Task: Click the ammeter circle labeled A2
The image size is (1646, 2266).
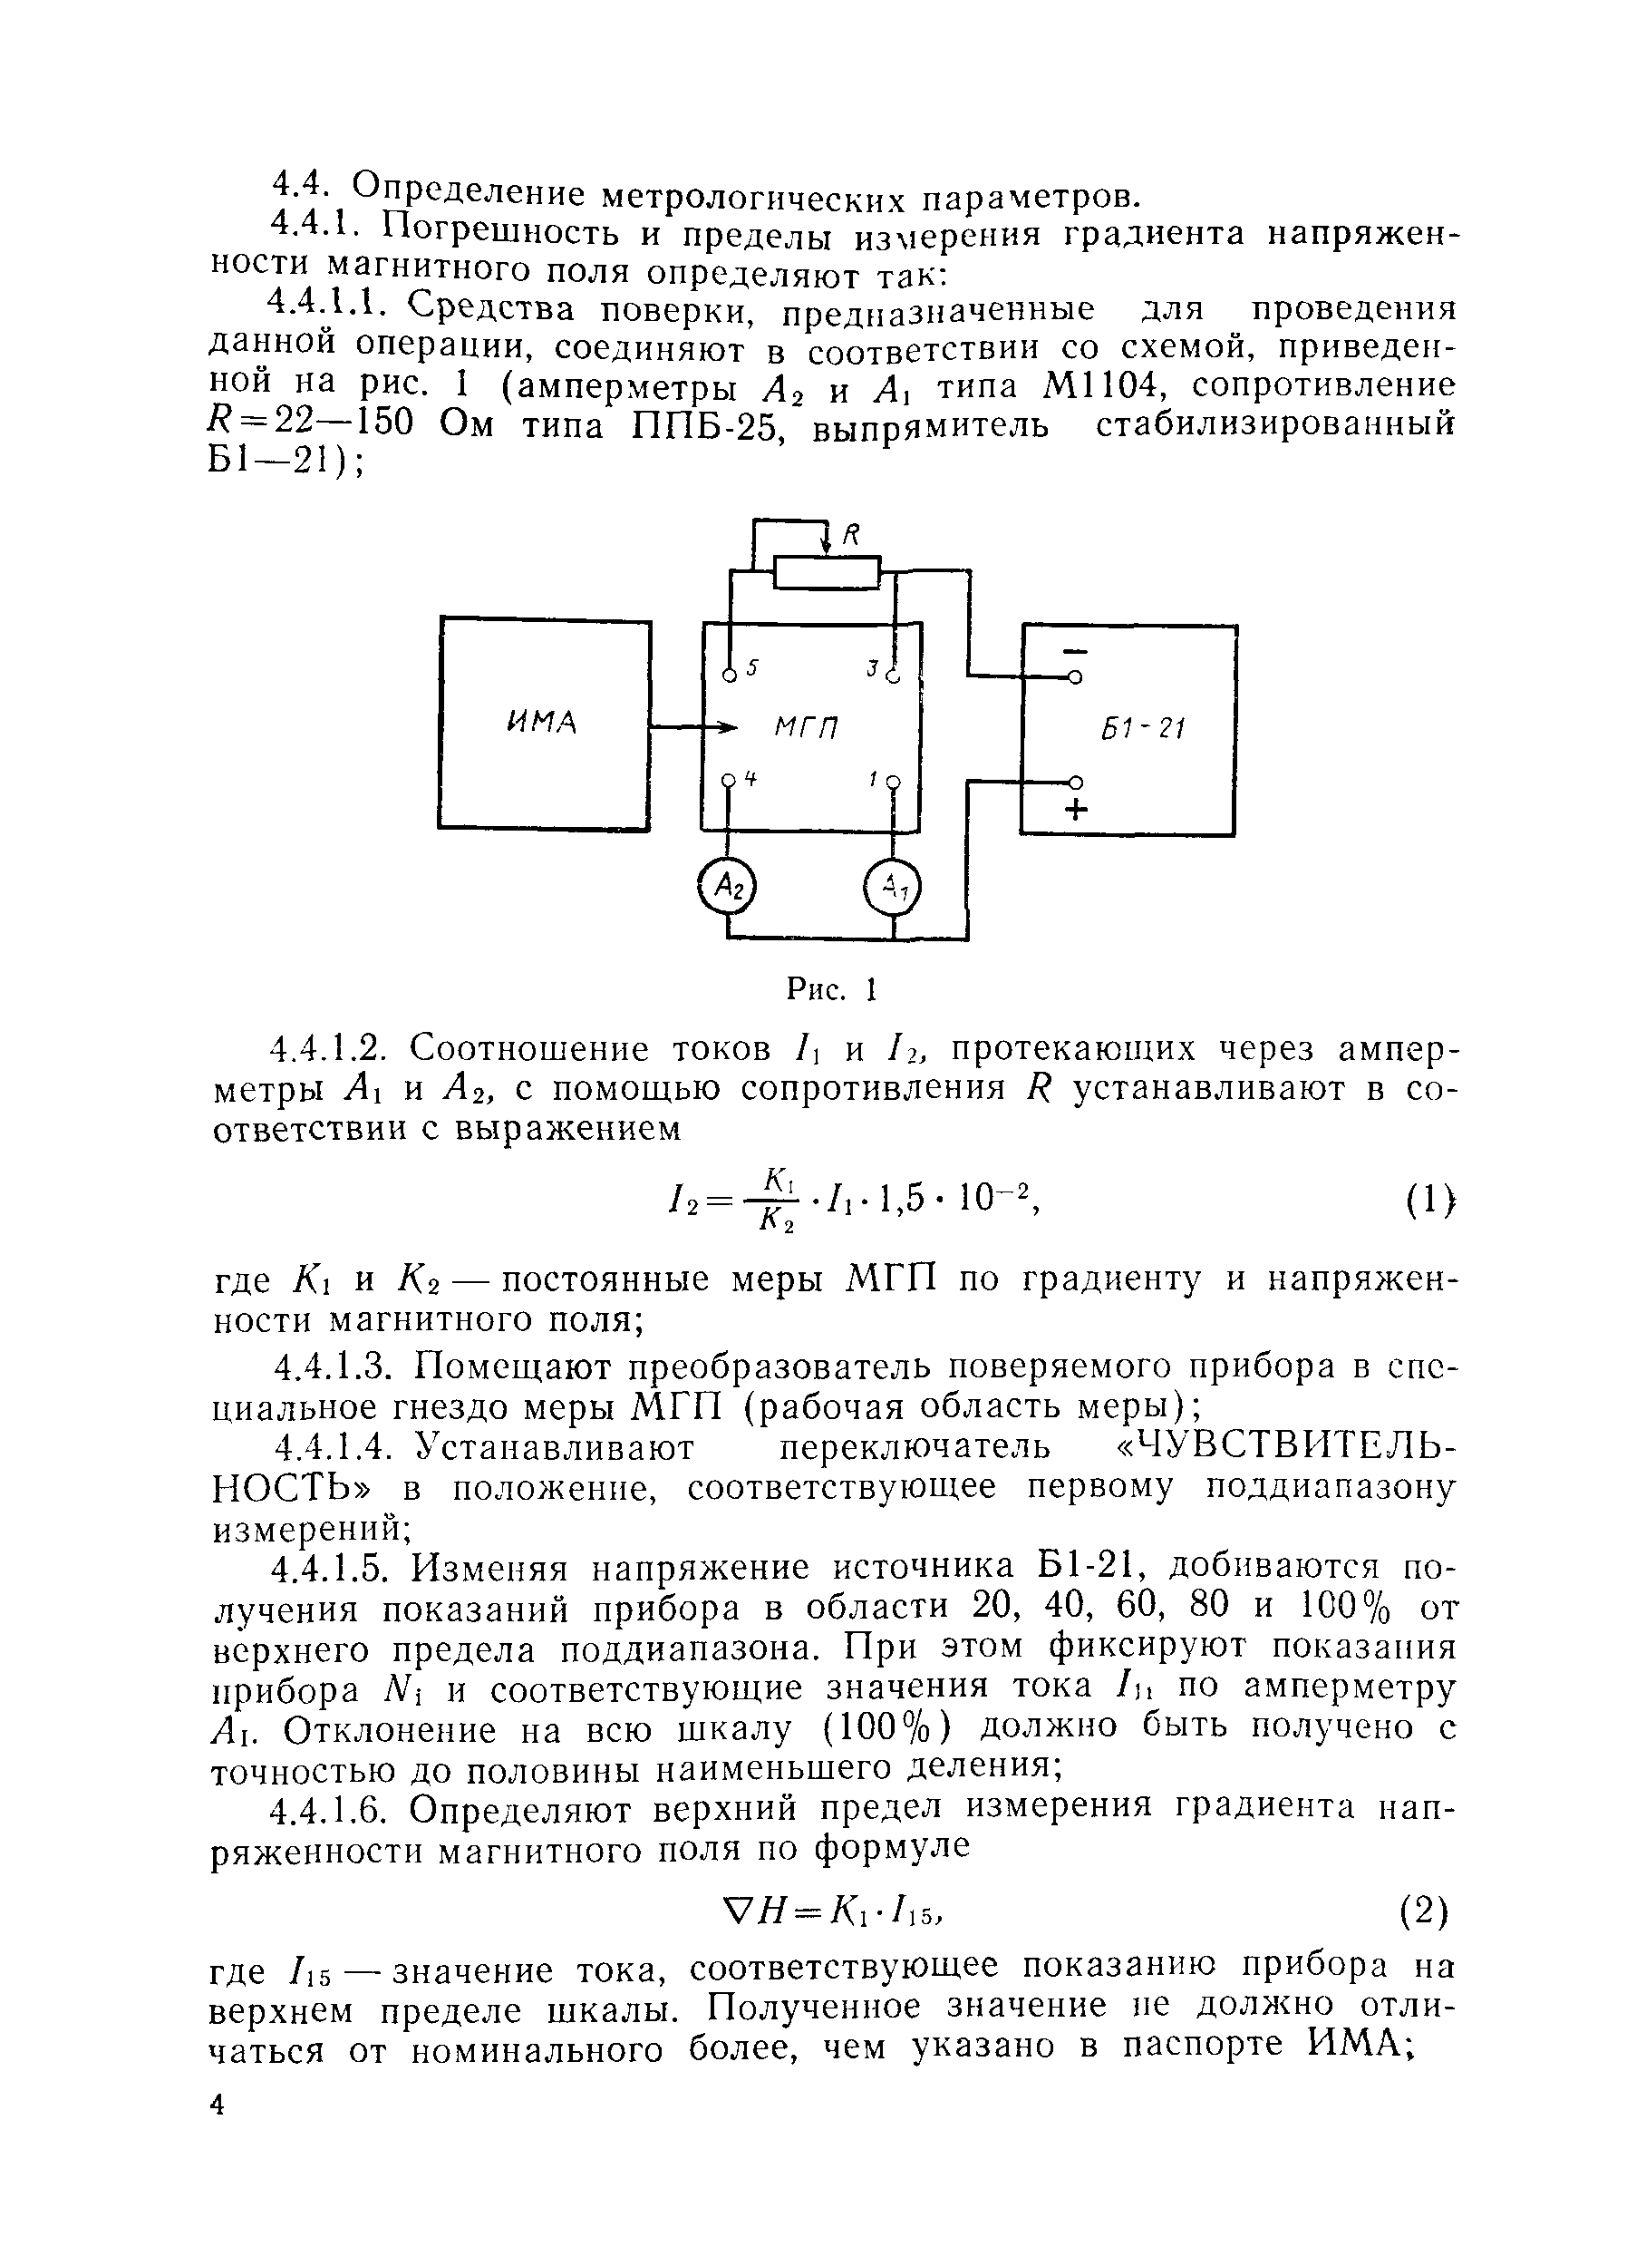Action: [x=727, y=885]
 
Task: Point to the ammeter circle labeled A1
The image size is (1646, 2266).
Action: [x=893, y=886]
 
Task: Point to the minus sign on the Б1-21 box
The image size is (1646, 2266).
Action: [x=1074, y=651]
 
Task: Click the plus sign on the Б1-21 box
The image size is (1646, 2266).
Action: [x=1076, y=809]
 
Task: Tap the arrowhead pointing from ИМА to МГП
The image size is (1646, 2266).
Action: [x=728, y=726]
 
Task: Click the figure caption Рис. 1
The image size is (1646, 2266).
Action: [x=831, y=989]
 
